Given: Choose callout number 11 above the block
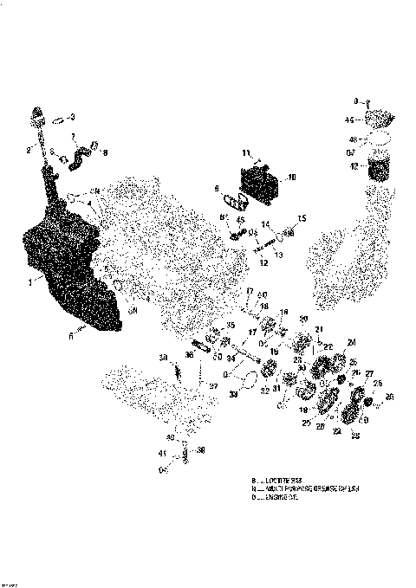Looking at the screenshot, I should coord(246,152).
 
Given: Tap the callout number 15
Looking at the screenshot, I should coord(302,217).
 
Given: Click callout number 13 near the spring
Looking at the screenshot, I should coord(279,256).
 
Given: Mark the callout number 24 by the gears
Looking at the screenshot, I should coord(351,340).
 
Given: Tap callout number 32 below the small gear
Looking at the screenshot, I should coord(263,391).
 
